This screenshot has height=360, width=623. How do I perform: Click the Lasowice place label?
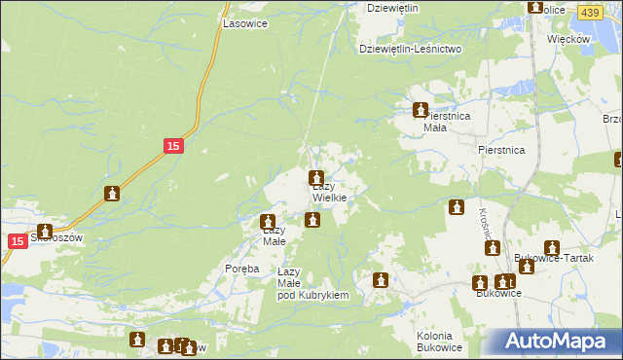click(x=244, y=22)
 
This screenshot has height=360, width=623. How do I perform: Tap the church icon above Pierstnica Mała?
click(x=421, y=110)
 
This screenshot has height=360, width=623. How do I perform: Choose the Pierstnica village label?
click(x=501, y=150)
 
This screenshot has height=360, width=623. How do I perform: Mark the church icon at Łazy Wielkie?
click(x=316, y=178)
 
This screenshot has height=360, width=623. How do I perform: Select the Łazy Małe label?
click(x=273, y=235)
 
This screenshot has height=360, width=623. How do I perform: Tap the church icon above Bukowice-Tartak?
click(x=551, y=248)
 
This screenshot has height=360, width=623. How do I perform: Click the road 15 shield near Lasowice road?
click(x=171, y=146)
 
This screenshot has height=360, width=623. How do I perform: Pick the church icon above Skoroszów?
click(x=44, y=232)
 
